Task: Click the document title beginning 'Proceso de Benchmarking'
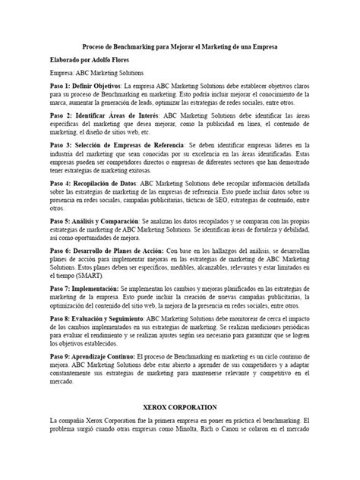(180, 46)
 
